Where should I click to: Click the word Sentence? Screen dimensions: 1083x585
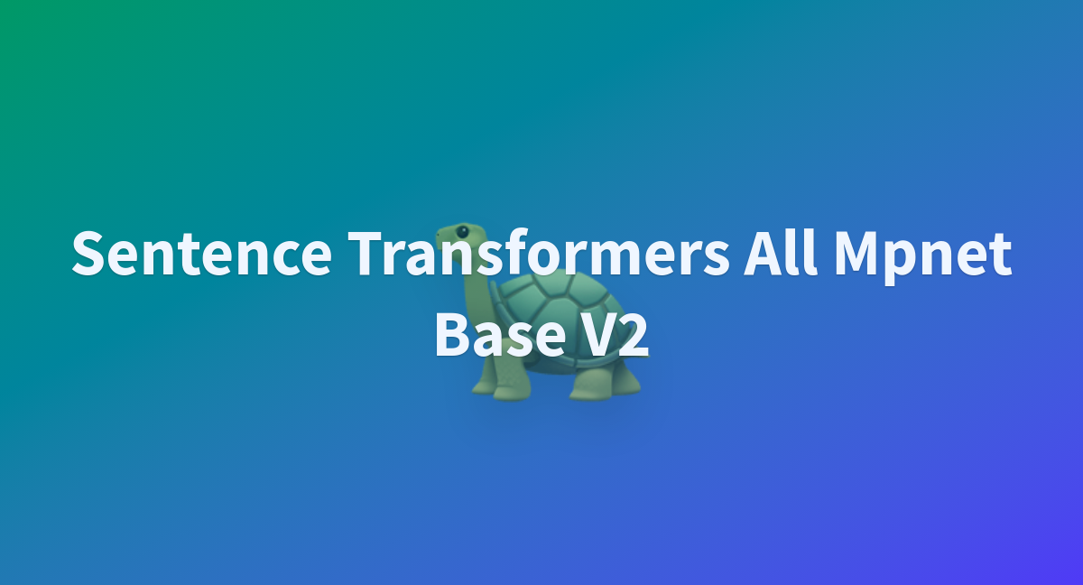pos(201,253)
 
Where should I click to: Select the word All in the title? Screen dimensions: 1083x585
pos(781,252)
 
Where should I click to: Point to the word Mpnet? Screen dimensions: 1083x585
pos(923,257)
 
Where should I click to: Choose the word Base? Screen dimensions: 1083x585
pos(500,334)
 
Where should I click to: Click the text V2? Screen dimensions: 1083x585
pos(614,335)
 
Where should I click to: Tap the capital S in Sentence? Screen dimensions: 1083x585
pos(90,253)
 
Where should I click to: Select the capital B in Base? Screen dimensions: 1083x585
pos(452,335)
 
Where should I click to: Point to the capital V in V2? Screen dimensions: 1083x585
pos(597,335)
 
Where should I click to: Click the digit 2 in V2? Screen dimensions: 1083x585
pos(634,335)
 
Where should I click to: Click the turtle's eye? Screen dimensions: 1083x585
pos(462,232)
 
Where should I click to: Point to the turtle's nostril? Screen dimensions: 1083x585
pos(439,235)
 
